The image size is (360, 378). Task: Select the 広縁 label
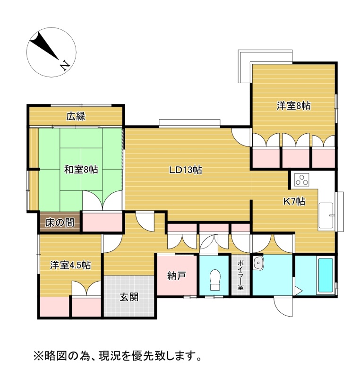76,116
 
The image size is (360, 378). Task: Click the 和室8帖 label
81,170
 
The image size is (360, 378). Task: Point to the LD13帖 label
185,170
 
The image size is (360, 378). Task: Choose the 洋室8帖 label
293,106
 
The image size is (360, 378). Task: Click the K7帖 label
294,201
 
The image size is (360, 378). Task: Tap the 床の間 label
60,223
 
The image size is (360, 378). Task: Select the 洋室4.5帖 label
70,265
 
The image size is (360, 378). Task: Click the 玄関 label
129,297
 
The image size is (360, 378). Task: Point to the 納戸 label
177,276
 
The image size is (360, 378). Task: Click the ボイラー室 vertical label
240,275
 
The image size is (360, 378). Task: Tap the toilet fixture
215,280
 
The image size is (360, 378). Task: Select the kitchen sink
326,215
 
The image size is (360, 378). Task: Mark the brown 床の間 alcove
60,222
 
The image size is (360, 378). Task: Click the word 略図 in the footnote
52,356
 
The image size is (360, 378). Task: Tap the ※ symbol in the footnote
38,356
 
